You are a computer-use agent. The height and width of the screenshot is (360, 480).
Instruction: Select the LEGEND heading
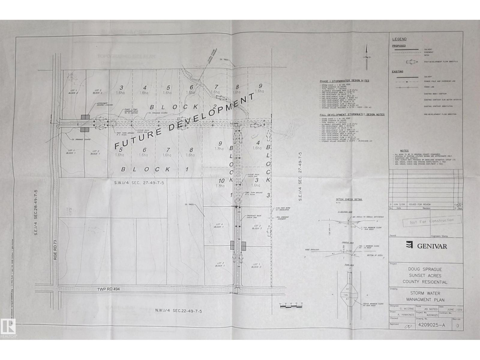point(399,39)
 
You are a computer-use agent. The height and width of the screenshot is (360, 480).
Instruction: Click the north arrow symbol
point(366,57)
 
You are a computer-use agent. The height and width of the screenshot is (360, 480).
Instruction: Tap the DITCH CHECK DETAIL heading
point(349,199)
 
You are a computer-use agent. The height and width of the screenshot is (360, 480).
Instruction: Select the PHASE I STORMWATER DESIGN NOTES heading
point(344,81)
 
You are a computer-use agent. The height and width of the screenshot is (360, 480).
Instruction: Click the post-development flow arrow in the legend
point(412,62)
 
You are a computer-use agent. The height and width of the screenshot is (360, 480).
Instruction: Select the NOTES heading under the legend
point(404,151)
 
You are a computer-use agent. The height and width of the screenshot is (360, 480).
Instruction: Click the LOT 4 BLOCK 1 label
point(219,226)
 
